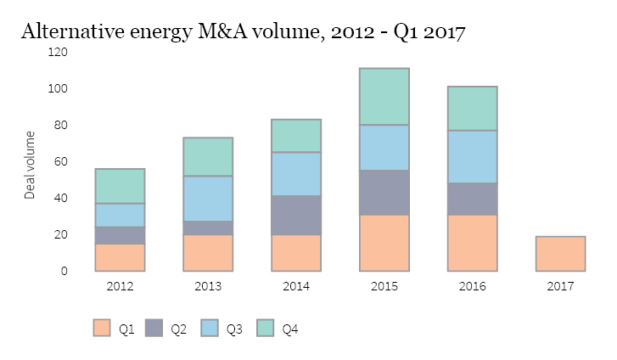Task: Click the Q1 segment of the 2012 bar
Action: click(120, 257)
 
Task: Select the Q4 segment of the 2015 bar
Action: click(384, 97)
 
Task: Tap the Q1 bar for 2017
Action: click(559, 254)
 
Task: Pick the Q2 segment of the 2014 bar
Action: click(296, 215)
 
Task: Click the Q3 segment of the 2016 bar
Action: click(472, 156)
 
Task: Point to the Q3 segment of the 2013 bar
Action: click(208, 199)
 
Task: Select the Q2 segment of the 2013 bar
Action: click(208, 228)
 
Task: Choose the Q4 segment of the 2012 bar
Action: click(120, 186)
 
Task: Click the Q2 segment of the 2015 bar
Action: click(384, 193)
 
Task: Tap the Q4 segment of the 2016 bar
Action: click(472, 109)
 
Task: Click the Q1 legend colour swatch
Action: click(102, 329)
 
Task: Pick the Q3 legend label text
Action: click(234, 329)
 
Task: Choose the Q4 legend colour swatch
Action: click(265, 329)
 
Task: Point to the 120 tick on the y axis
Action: click(59, 53)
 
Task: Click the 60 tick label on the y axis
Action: click(61, 162)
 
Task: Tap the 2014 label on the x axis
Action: click(296, 287)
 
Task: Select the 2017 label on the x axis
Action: click(559, 287)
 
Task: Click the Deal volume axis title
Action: click(31, 166)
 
